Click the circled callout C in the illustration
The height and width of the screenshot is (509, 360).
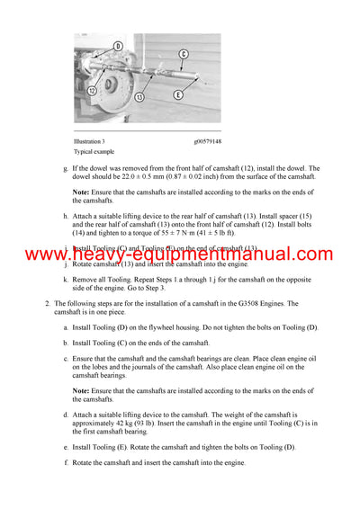coord(183,54)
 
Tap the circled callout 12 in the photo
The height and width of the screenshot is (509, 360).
coord(92,89)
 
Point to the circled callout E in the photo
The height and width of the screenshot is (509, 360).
coord(178,94)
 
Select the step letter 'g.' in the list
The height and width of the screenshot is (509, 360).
coord(65,168)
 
